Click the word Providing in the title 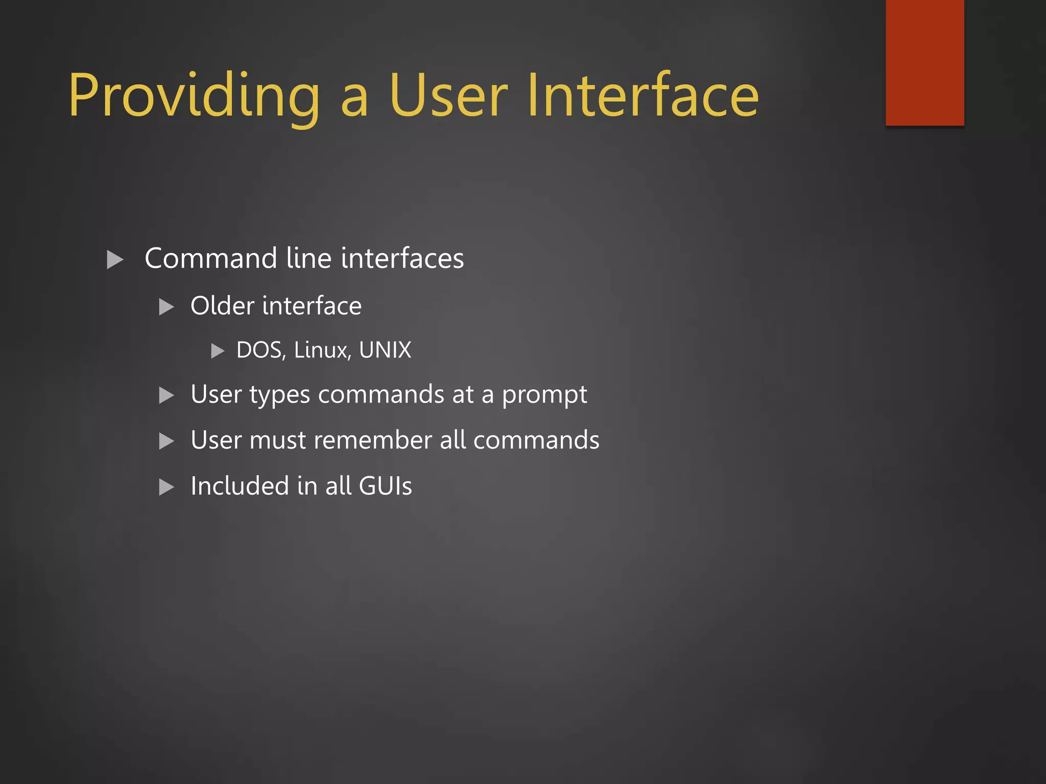(x=194, y=97)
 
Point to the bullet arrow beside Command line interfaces (x=115, y=259)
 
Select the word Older (x=222, y=306)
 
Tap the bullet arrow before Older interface (x=167, y=307)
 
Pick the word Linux (x=322, y=350)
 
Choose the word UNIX (x=385, y=350)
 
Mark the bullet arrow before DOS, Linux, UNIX (x=218, y=351)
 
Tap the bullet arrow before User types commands (x=167, y=396)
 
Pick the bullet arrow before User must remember (x=167, y=441)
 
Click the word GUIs (x=385, y=485)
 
